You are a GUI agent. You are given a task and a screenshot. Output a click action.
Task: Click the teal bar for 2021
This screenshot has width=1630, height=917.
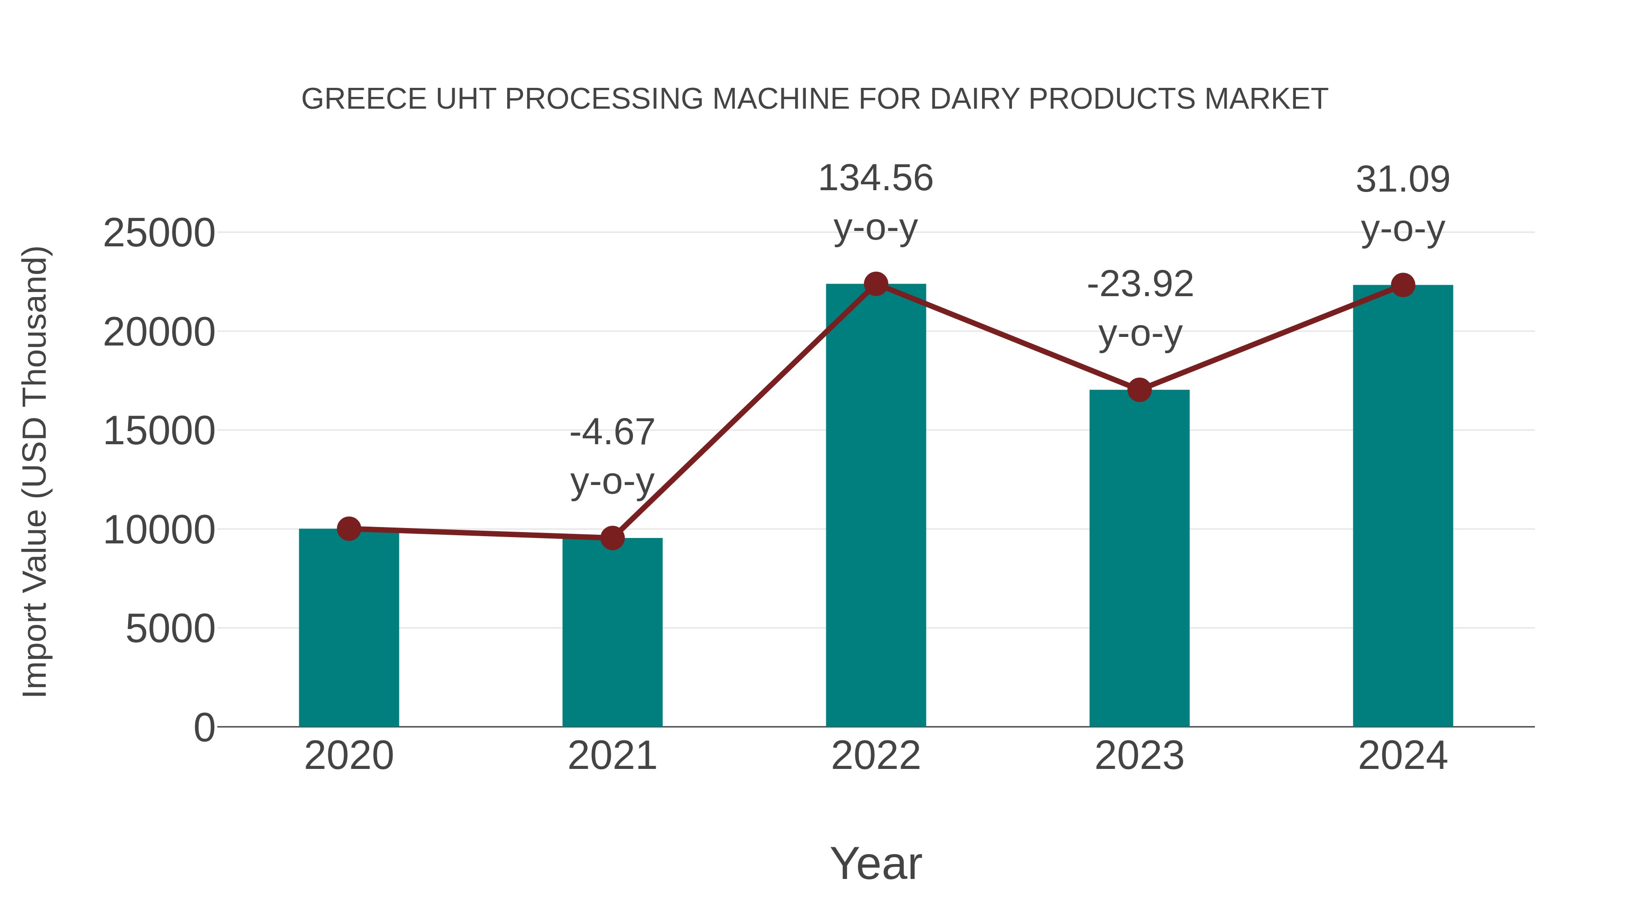click(x=612, y=633)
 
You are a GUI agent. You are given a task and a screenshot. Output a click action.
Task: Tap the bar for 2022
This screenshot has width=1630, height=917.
click(x=876, y=506)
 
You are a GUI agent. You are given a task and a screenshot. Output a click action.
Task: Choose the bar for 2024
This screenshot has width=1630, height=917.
click(x=1403, y=506)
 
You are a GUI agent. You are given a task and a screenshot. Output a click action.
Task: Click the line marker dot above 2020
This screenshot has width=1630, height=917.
click(x=349, y=528)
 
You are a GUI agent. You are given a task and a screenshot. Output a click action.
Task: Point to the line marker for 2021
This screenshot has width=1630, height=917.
click(x=612, y=538)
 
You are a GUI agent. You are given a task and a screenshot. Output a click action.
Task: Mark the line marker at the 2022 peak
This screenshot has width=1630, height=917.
click(x=876, y=283)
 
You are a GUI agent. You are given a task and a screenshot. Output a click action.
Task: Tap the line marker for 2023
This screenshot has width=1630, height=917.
click(x=1139, y=390)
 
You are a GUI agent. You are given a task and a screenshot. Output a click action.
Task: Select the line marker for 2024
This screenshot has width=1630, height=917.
click(x=1403, y=285)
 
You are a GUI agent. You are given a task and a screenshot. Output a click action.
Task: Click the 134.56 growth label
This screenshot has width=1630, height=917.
click(x=876, y=178)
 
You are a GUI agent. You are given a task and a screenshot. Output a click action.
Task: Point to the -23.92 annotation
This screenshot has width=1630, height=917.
click(x=1140, y=284)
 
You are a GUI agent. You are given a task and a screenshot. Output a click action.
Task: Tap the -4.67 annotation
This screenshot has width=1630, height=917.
click(x=612, y=433)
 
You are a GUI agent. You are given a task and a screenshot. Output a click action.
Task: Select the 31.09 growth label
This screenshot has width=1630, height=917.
click(x=1403, y=180)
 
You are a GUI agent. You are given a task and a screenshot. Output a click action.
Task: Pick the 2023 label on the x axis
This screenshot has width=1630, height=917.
click(x=1139, y=756)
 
